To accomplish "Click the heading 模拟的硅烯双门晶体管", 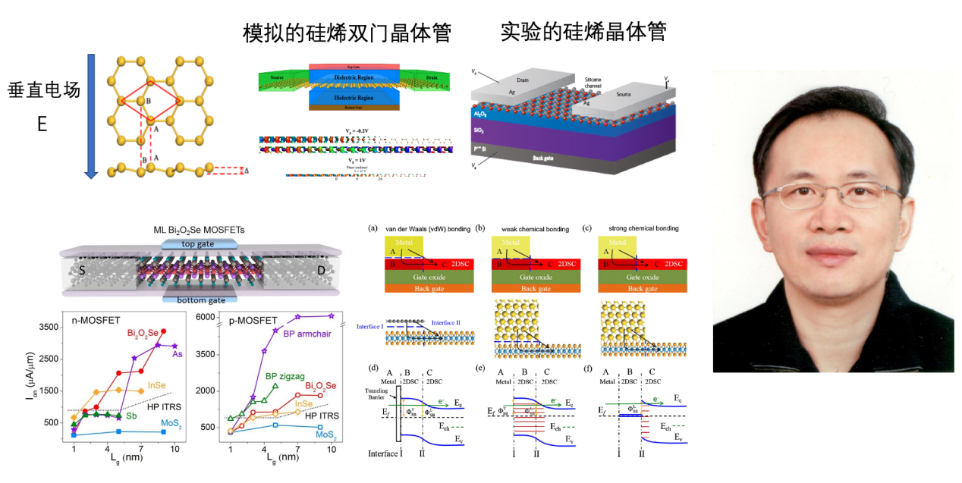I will [x=347, y=33].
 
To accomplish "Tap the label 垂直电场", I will [x=44, y=91].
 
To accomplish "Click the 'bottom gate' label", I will [x=193, y=300].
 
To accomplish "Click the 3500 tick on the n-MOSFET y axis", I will [x=50, y=328].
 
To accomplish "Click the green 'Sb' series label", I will [x=131, y=416].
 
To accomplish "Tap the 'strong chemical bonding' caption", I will [x=631, y=228].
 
